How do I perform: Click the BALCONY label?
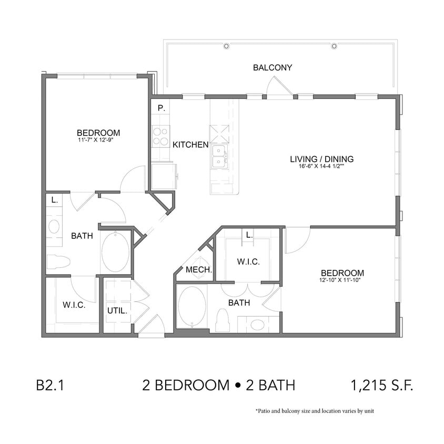coord(273,67)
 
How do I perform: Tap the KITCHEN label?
coord(190,144)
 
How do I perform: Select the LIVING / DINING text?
coord(321,159)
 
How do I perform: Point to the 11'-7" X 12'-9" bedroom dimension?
coord(98,140)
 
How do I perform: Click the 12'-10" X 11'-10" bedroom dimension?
coord(342,280)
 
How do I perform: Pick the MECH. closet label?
coord(199,270)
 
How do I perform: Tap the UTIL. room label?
coord(117,310)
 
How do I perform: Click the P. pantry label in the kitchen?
coord(162,108)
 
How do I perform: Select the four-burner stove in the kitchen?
coord(160,137)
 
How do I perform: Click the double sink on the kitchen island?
coord(219,156)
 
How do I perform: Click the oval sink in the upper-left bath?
coord(54,227)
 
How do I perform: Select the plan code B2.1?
coord(51,386)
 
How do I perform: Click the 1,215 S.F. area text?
coord(381,386)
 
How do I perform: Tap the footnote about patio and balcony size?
coord(315,411)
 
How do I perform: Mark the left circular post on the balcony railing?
coord(226,46)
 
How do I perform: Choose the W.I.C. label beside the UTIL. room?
coord(74,305)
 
